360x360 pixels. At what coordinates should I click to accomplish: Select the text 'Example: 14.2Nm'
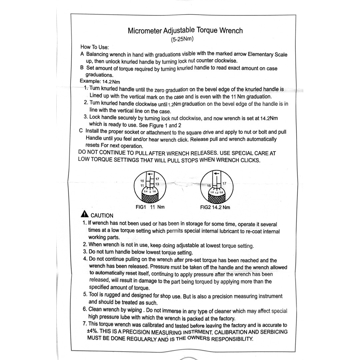point(100,81)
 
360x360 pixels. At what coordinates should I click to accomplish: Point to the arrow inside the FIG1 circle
point(150,174)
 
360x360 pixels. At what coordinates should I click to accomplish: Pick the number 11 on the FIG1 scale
point(142,185)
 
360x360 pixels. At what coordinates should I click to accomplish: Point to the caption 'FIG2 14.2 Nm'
point(215,207)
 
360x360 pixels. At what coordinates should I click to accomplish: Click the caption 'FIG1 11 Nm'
point(150,207)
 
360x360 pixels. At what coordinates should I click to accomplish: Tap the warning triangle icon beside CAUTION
point(86,214)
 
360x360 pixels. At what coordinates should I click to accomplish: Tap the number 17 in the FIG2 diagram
point(224,183)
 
